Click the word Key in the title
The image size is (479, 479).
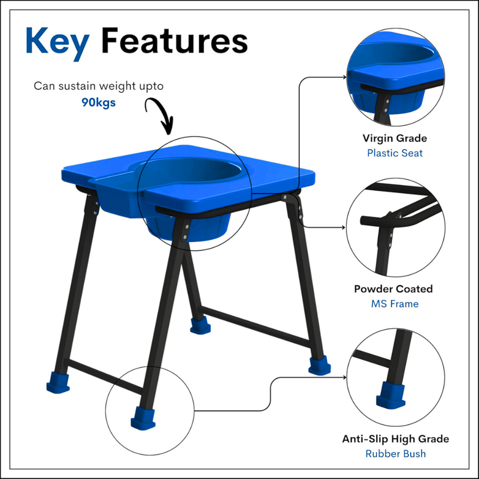(57, 44)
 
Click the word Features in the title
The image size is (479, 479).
(174, 41)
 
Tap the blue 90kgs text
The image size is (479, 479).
(98, 102)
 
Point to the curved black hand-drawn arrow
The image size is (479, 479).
(159, 114)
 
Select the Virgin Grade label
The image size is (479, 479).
(395, 138)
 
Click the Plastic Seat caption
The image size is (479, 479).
(395, 153)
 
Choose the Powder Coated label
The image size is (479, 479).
(393, 289)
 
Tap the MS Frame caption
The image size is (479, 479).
(395, 304)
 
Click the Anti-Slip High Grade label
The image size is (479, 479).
(396, 439)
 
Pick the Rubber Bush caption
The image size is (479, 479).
(396, 454)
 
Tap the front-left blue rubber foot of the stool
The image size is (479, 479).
(57, 383)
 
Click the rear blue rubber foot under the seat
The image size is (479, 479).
(200, 325)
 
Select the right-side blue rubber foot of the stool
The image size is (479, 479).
(319, 366)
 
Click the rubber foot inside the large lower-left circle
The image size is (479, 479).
(143, 418)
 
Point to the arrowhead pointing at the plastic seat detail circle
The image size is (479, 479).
(345, 77)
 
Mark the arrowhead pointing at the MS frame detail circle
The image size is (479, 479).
(344, 228)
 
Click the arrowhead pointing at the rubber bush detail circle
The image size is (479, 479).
(345, 377)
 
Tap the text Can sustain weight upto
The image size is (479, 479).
(98, 86)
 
